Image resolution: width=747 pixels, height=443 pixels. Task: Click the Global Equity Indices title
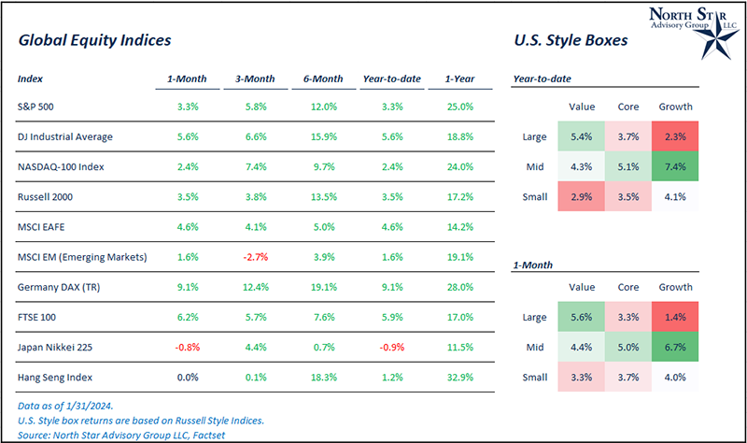(93, 41)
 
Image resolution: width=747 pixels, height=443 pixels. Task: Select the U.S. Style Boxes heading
(570, 41)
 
